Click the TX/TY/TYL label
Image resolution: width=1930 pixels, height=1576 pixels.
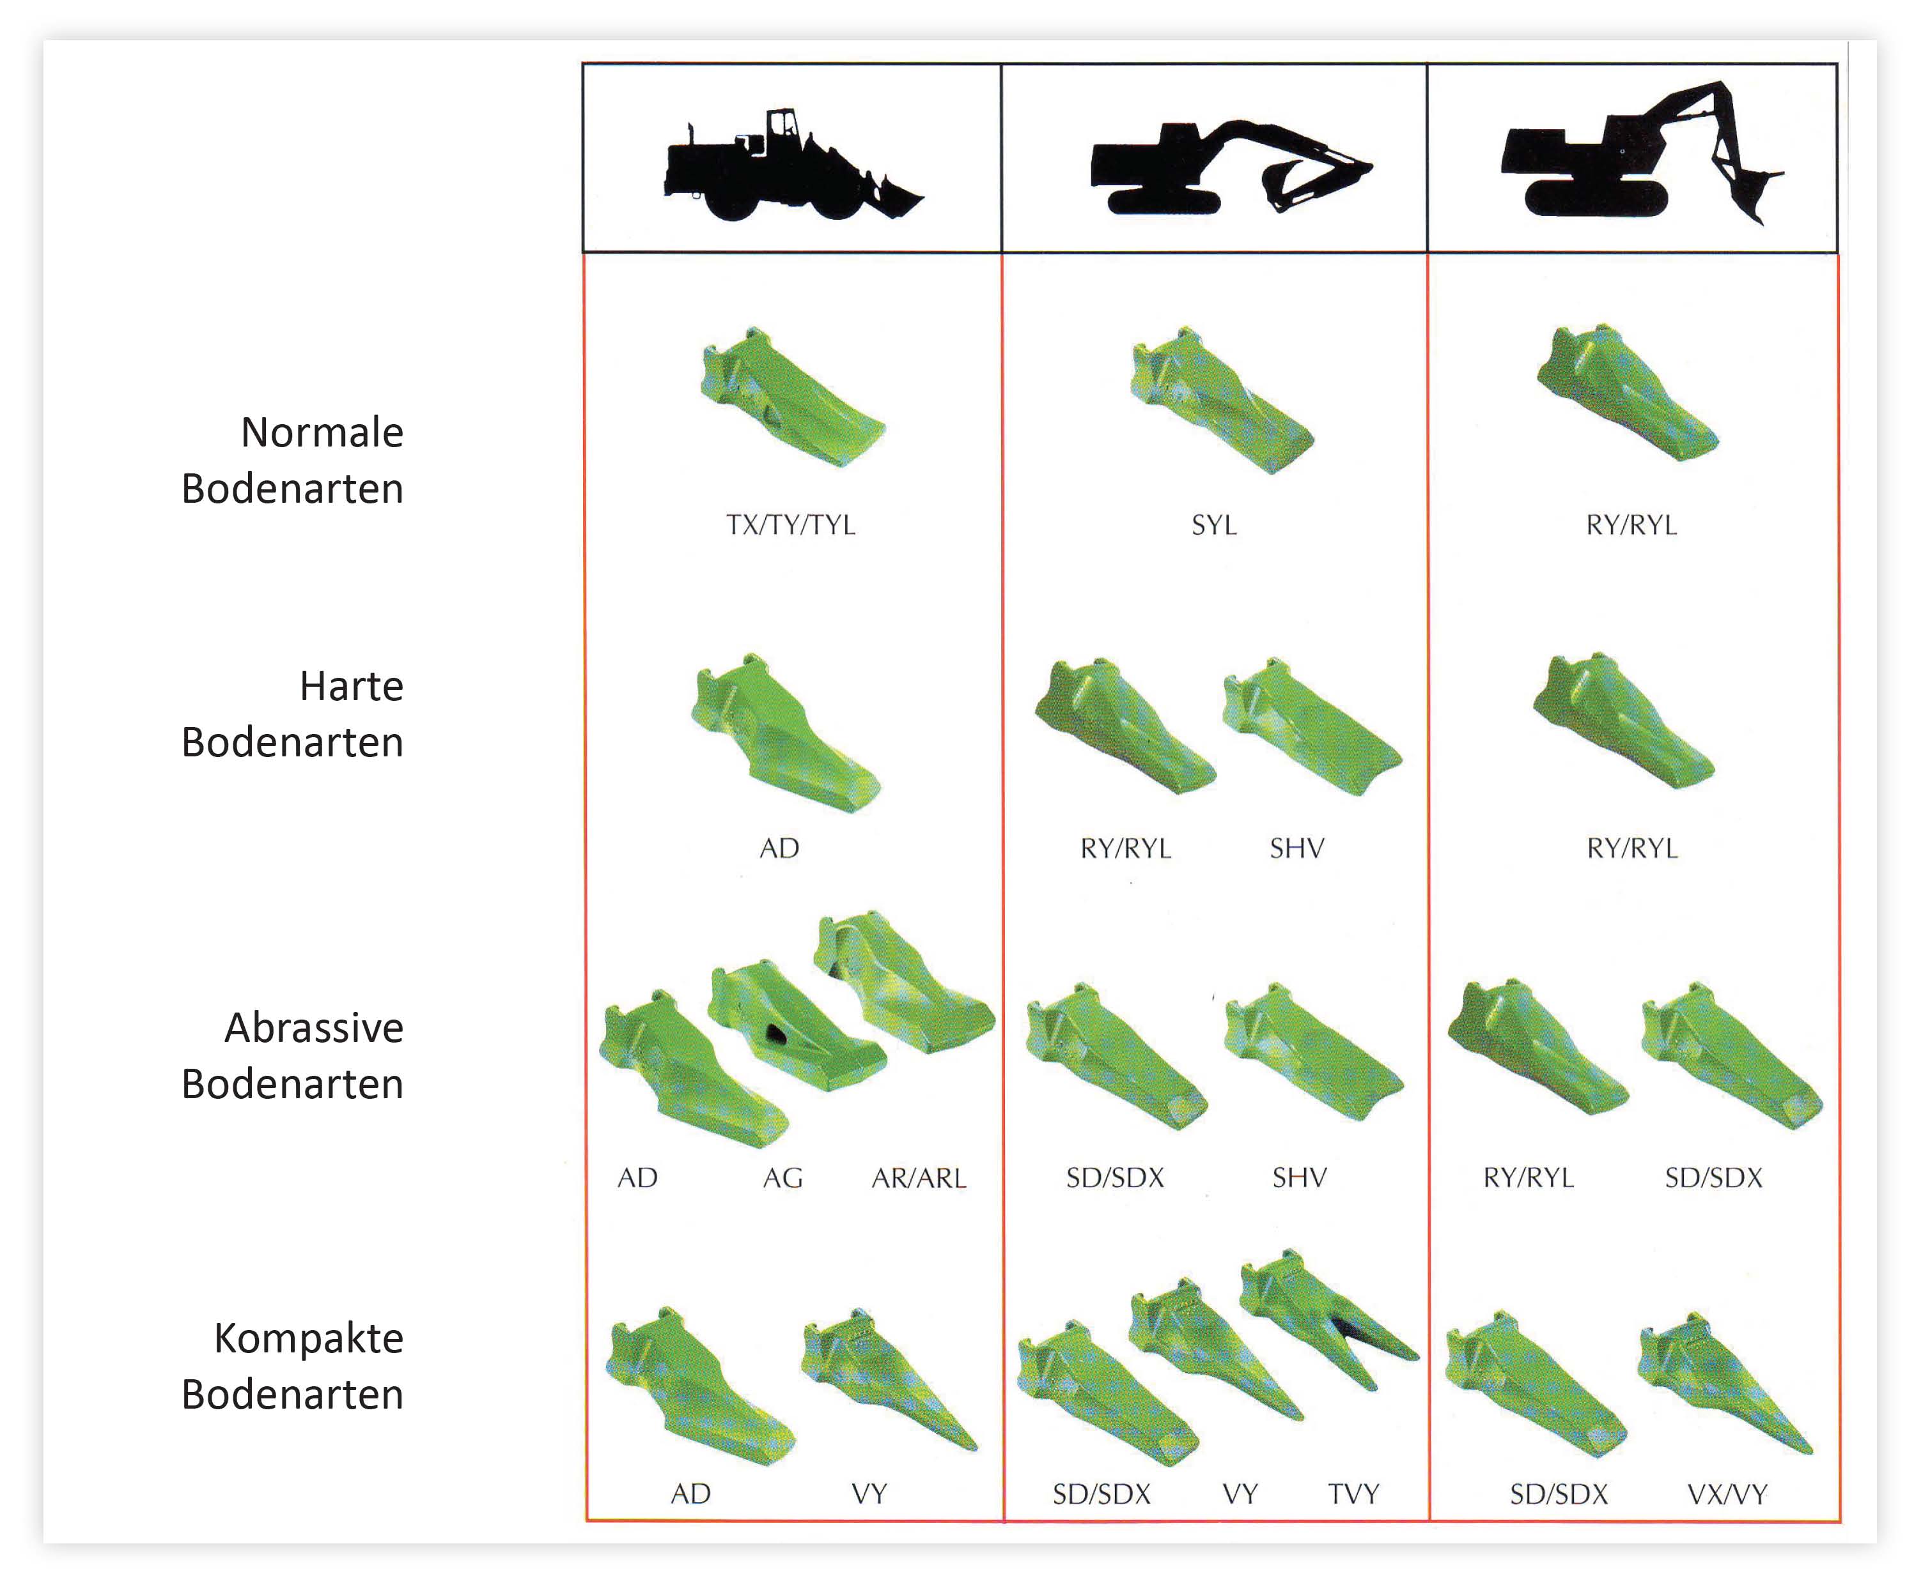pos(790,524)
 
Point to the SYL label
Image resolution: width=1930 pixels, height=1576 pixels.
pos(1214,524)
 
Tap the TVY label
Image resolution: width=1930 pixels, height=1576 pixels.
pos(1353,1494)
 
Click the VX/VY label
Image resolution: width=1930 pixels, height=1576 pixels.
pos(1727,1494)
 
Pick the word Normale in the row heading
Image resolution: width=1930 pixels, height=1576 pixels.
pos(322,432)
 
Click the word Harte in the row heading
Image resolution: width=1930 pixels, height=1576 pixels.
pos(352,686)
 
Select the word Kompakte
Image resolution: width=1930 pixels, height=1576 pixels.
pos(309,1338)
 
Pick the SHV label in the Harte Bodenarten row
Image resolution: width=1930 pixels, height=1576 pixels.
pos(1297,849)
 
